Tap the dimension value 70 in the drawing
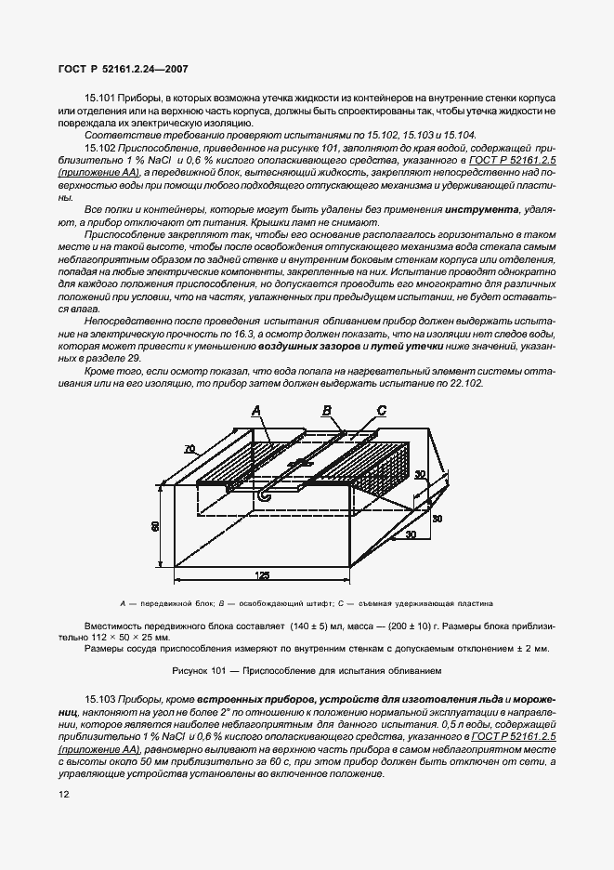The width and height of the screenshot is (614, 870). [189, 448]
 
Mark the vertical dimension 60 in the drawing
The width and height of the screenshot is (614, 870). [156, 525]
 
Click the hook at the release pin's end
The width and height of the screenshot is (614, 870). [264, 497]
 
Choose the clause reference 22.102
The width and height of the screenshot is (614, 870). [461, 383]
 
